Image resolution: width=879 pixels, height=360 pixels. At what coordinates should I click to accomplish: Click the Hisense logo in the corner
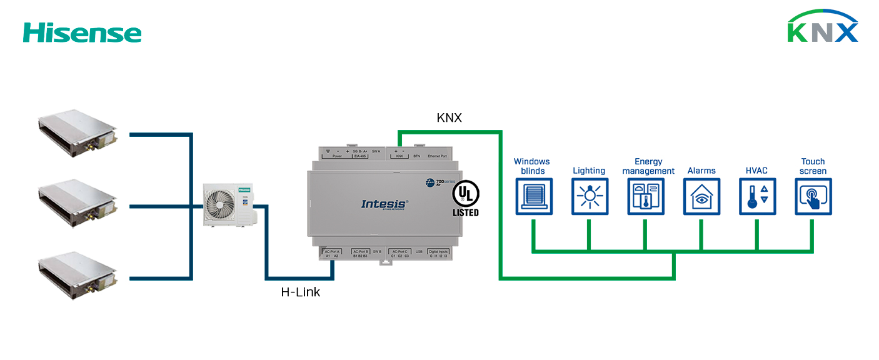(x=82, y=32)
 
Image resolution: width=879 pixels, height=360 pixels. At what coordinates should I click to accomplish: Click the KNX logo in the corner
(x=822, y=27)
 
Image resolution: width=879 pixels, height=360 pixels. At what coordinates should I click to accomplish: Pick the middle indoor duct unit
(x=78, y=203)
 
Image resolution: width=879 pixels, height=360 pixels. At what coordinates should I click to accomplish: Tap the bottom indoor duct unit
(x=78, y=275)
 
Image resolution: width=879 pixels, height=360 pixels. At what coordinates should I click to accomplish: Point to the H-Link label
(x=301, y=292)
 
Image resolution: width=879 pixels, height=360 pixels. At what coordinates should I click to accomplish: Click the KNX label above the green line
(x=449, y=117)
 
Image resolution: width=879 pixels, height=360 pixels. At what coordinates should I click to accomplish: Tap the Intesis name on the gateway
(x=384, y=204)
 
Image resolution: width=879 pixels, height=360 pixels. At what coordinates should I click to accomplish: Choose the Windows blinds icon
(x=534, y=196)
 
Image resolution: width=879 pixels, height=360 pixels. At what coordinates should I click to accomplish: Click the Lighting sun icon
(x=590, y=196)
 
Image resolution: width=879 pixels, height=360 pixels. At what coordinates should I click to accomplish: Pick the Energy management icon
(x=646, y=196)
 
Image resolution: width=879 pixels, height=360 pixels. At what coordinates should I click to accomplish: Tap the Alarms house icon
(x=701, y=196)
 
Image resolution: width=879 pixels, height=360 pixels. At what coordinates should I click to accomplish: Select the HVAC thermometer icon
(x=757, y=196)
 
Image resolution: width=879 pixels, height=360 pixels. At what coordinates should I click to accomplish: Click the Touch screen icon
(x=813, y=196)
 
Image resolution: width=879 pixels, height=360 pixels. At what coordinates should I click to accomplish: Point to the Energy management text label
(x=648, y=166)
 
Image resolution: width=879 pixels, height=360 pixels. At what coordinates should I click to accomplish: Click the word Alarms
(x=701, y=171)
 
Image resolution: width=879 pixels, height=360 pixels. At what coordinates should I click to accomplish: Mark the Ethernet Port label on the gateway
(x=437, y=156)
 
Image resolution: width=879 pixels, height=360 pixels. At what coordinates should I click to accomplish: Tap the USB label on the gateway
(x=419, y=251)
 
